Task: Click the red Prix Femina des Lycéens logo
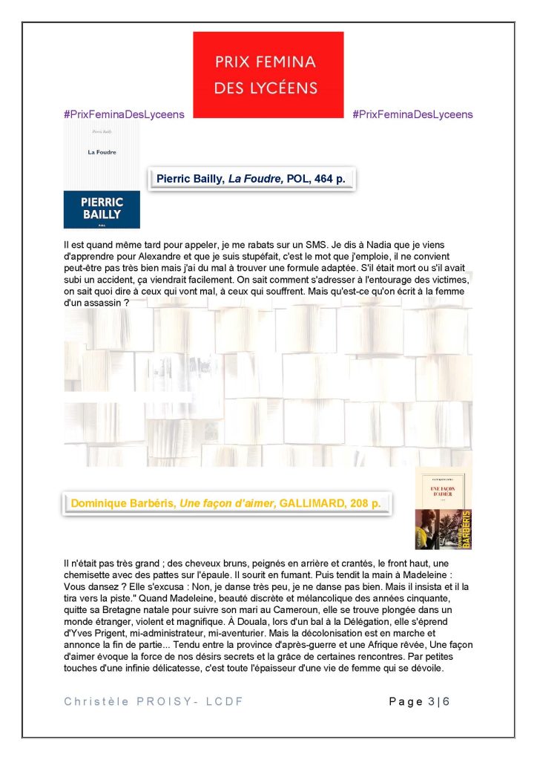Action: coord(268,73)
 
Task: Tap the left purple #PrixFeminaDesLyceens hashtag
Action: coord(124,114)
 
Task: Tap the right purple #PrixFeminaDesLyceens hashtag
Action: coord(412,114)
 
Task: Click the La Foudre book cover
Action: coord(102,175)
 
